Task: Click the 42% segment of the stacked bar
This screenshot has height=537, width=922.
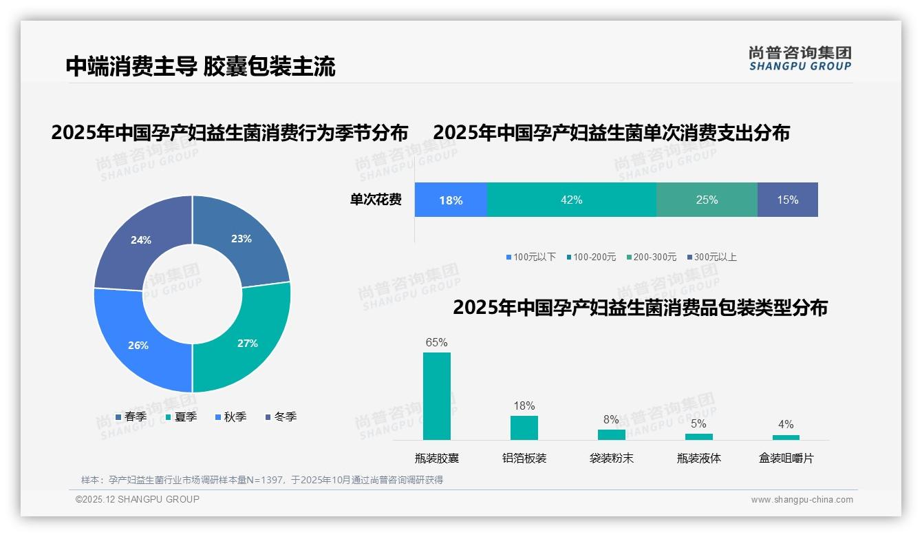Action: pyautogui.click(x=571, y=200)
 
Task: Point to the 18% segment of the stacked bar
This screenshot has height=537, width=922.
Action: pyautogui.click(x=451, y=200)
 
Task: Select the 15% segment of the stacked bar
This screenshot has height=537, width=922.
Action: pyautogui.click(x=787, y=200)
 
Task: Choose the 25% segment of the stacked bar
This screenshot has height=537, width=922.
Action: pyautogui.click(x=707, y=200)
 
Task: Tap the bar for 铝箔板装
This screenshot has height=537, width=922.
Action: pyautogui.click(x=524, y=428)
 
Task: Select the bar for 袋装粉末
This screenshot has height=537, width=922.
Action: pyautogui.click(x=611, y=434)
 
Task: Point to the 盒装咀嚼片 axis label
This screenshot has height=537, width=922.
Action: pyautogui.click(x=786, y=458)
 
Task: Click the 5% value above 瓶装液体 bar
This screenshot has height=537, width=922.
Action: pyautogui.click(x=698, y=424)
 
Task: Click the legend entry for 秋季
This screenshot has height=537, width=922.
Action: pyautogui.click(x=231, y=417)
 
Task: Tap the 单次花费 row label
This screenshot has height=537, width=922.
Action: pyautogui.click(x=376, y=200)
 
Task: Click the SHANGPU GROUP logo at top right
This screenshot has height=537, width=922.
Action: pyautogui.click(x=800, y=58)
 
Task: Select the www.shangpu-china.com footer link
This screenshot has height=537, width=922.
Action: pyautogui.click(x=802, y=499)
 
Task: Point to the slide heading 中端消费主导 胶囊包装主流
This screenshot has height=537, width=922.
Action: pyautogui.click(x=200, y=66)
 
